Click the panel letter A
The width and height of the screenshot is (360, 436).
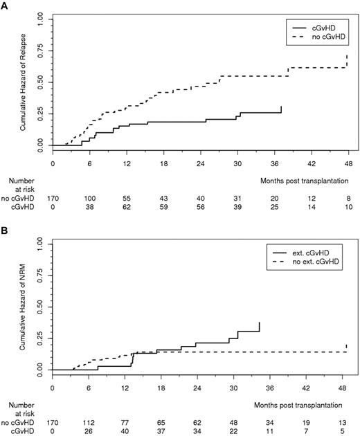5,5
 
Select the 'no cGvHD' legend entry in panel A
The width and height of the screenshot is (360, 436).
322,34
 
